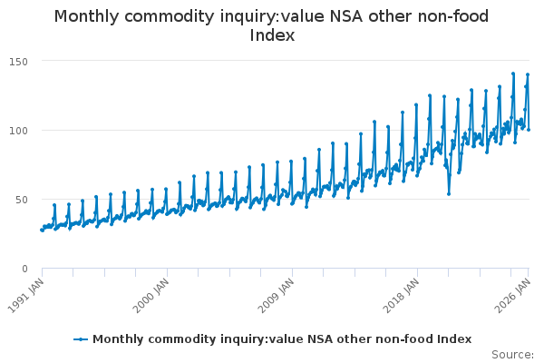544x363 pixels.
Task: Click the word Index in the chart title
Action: [x=272, y=35]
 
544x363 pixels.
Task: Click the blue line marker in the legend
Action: [x=81, y=338]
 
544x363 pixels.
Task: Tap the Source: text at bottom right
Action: [x=512, y=354]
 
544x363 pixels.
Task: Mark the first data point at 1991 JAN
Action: [x=42, y=230]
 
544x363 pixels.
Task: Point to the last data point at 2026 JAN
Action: [x=529, y=129]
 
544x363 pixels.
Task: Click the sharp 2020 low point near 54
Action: [x=448, y=193]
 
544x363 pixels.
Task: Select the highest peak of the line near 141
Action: [x=513, y=74]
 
